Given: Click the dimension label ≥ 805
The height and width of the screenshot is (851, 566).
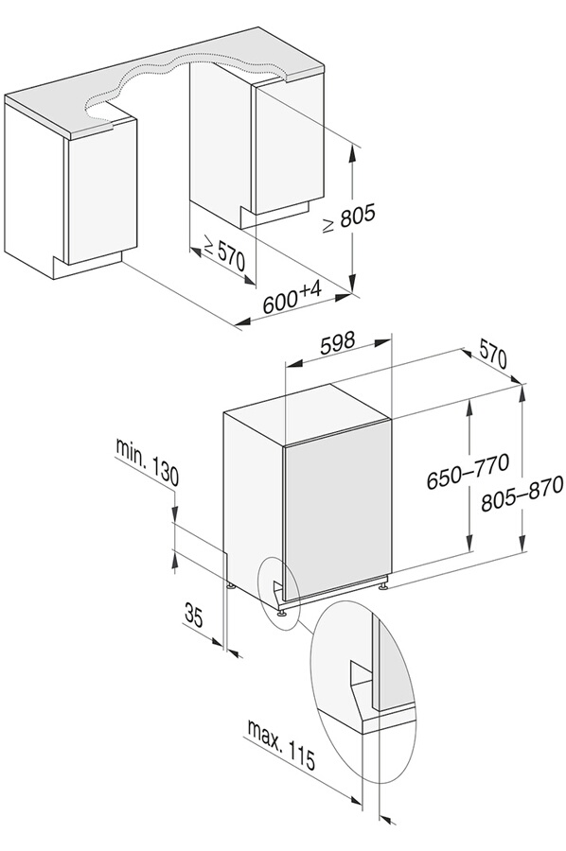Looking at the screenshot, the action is [x=348, y=218].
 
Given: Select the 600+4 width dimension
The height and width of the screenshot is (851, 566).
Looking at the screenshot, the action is [x=292, y=298].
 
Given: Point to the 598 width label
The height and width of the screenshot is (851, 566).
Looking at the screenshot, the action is [x=337, y=343].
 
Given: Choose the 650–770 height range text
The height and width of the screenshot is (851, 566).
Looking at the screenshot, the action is [x=468, y=471].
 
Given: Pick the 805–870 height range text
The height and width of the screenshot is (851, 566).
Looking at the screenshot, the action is [x=522, y=494].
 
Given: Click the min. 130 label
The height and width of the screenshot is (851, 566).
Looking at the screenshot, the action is [x=147, y=462].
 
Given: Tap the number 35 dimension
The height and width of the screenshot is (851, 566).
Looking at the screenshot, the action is [x=194, y=616].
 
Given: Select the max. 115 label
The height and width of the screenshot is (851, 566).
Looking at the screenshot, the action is [x=281, y=744].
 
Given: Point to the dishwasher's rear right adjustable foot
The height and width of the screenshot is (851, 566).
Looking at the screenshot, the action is [x=383, y=585].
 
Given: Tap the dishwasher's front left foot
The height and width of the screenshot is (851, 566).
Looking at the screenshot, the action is [x=283, y=613].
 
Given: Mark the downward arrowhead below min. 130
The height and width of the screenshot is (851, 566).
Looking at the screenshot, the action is [x=174, y=512].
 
